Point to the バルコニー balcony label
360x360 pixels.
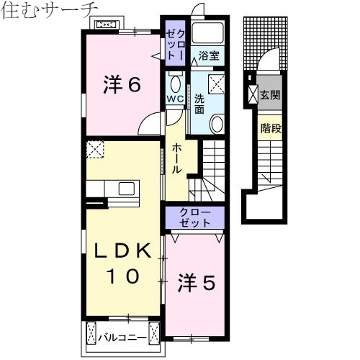(123, 336)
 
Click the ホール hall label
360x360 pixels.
(177, 158)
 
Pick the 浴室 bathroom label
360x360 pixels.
(210, 54)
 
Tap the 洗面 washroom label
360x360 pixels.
(199, 104)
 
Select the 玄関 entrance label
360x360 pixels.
(269, 94)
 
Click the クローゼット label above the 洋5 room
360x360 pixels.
(195, 217)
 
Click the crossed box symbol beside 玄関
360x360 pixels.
(252, 94)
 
